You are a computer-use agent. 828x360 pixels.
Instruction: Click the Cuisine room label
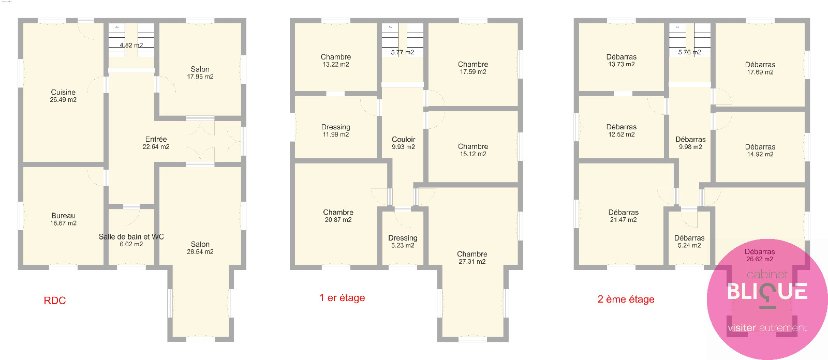click(63, 92)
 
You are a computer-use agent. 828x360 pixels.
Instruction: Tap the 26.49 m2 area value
click(63, 100)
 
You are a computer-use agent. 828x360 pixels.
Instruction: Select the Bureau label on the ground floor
click(63, 216)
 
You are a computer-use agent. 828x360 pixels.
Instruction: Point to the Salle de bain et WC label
click(131, 236)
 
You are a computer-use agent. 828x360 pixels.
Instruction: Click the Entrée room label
click(156, 139)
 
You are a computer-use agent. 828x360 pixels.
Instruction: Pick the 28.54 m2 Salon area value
click(200, 252)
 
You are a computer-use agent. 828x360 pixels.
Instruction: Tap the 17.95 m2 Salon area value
click(200, 77)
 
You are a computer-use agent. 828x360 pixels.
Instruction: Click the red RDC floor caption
click(55, 301)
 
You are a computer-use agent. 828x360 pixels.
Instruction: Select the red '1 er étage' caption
click(342, 297)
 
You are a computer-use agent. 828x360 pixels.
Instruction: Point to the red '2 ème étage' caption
click(626, 299)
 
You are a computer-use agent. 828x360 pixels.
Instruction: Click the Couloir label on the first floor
click(403, 139)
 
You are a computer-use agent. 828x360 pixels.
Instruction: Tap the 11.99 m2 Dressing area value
click(336, 134)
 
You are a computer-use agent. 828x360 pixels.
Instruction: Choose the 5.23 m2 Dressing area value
click(403, 245)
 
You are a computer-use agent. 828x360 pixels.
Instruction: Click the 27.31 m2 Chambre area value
click(472, 262)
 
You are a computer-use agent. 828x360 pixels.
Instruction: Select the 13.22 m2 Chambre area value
click(336, 64)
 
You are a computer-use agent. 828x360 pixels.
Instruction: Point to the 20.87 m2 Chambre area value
click(338, 219)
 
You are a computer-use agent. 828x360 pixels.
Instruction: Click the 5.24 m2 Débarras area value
click(689, 245)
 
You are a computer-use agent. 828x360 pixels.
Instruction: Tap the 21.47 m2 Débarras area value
click(623, 219)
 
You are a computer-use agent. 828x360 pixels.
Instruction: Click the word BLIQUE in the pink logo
click(767, 291)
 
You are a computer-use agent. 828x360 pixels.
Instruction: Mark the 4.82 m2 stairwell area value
click(131, 45)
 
